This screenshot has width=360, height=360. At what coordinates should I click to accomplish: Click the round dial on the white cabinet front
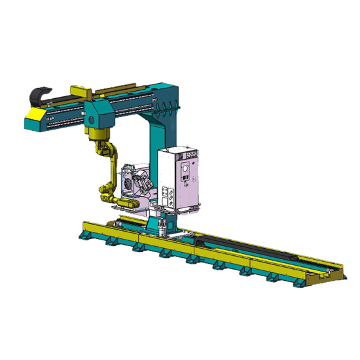186,169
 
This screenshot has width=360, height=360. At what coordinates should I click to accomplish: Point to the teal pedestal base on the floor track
160,226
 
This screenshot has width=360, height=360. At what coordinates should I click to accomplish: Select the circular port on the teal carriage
91,121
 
